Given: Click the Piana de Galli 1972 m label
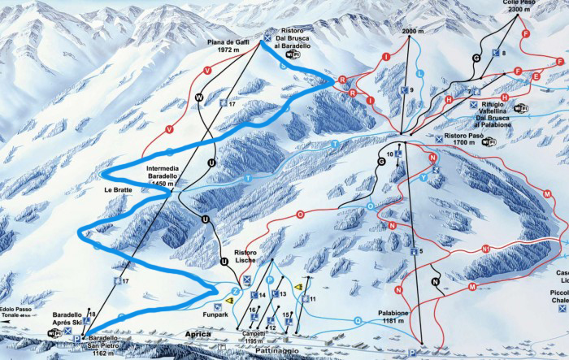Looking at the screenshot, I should (228, 45).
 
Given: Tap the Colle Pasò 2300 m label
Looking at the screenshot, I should (518, 7).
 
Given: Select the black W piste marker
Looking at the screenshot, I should (198, 97).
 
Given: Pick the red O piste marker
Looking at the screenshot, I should (301, 215).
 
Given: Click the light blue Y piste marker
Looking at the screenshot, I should (423, 176).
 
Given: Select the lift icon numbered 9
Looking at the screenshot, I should (404, 89).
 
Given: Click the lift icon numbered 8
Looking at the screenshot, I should (497, 52).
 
